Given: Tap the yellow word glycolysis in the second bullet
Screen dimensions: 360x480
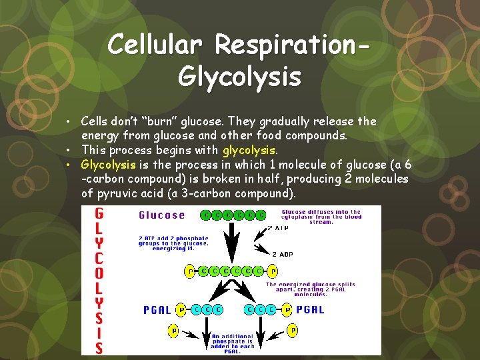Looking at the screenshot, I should click(x=249, y=150).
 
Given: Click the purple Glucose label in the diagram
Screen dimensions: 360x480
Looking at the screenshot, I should click(x=161, y=215).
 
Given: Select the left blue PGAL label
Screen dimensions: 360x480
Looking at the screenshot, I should click(x=157, y=309).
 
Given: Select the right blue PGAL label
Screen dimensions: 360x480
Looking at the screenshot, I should click(x=311, y=309).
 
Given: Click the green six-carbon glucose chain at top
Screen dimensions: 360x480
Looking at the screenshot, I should click(x=233, y=215).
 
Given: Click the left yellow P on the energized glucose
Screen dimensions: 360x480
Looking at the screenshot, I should click(x=189, y=271).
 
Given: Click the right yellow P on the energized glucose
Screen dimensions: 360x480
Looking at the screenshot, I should click(x=273, y=271).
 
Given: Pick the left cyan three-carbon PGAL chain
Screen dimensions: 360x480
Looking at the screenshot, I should click(x=206, y=309).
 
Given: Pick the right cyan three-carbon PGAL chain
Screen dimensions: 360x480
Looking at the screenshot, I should click(x=261, y=309).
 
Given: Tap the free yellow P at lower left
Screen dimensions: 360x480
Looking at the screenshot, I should click(x=175, y=331).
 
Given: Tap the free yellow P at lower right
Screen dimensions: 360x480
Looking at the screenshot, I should click(x=292, y=331).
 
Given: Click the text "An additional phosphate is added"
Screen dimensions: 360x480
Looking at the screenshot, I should click(x=233, y=341).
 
